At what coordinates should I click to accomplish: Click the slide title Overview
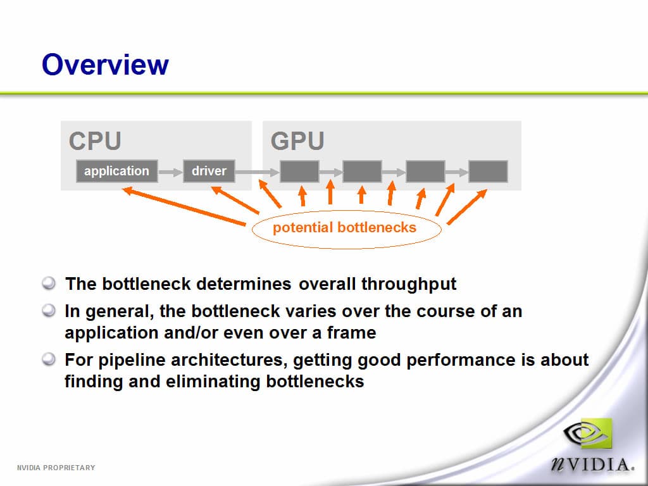point(105,65)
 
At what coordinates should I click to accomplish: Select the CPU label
point(95,141)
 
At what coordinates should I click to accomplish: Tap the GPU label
point(297,141)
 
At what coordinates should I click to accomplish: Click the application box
point(117,171)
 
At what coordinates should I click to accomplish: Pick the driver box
point(209,171)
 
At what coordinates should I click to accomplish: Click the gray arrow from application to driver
point(170,171)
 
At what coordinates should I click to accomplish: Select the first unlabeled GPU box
point(299,171)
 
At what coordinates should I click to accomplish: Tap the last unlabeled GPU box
point(488,171)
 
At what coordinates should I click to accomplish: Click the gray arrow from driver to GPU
point(258,171)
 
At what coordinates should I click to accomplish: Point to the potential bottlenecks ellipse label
point(345,228)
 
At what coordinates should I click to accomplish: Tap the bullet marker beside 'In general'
point(49,310)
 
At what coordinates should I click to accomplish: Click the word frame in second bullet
point(351,333)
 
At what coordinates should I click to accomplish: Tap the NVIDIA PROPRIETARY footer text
point(56,468)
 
